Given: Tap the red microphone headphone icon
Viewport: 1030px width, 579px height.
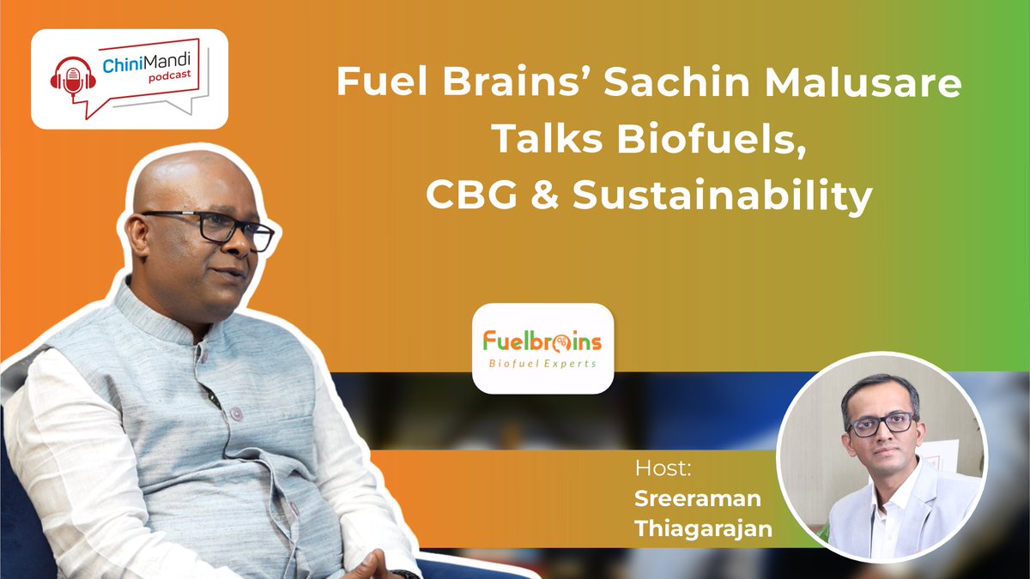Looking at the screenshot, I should coord(70,79).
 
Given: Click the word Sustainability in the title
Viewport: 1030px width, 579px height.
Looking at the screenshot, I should coord(722,198).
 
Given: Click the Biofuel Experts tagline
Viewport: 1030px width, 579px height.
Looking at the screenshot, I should coord(542,363).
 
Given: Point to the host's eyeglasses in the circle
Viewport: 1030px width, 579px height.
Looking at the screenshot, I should coord(882,423).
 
